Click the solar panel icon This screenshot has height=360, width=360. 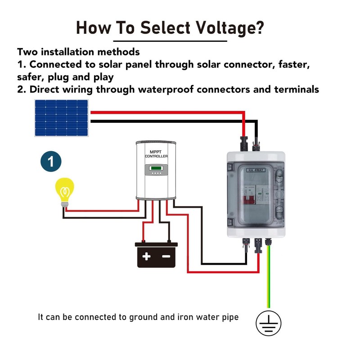tap(62, 118)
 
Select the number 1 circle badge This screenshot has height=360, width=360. tap(51, 162)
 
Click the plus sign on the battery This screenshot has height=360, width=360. tap(146, 257)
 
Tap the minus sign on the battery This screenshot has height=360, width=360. tap(166, 257)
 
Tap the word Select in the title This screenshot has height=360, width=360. tap(165, 27)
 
